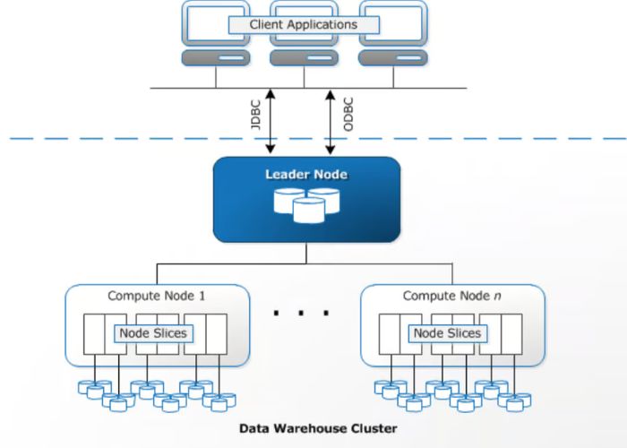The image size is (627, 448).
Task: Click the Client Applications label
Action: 303,24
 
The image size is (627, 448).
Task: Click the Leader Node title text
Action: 305,174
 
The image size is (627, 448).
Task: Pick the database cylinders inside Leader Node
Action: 305,207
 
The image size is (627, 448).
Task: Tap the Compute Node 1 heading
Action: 157,296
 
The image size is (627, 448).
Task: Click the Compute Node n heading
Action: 451,296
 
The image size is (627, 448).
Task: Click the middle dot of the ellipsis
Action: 302,314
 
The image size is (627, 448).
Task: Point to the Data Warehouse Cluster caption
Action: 317,428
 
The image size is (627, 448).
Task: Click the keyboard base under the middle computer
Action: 304,58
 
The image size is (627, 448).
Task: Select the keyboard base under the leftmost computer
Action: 215,58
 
